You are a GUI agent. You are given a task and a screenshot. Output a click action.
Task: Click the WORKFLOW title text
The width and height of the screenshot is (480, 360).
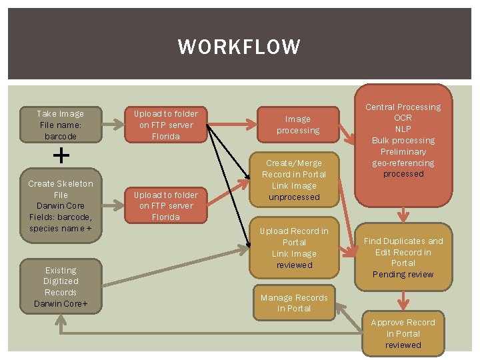point(239,47)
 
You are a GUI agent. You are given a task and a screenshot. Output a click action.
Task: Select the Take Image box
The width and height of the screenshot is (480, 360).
point(61,125)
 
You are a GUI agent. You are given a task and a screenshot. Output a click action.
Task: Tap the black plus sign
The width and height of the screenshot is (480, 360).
point(61,155)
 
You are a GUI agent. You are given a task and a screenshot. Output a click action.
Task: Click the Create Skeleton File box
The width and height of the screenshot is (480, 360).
point(61,205)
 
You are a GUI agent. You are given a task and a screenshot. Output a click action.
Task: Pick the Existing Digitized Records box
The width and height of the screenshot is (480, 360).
point(61,287)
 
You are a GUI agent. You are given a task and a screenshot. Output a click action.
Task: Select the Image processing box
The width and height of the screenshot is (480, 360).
point(298,125)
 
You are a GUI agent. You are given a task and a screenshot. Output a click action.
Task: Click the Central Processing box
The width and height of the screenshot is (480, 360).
point(403,146)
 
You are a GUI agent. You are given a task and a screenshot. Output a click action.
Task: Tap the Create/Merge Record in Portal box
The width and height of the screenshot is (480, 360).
point(294,180)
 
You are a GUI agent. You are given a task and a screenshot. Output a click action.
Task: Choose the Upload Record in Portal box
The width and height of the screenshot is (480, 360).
point(294,247)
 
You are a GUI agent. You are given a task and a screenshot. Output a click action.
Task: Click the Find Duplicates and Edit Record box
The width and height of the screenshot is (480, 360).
point(403,257)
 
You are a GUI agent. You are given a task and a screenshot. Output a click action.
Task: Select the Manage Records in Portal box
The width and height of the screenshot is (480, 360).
point(294,303)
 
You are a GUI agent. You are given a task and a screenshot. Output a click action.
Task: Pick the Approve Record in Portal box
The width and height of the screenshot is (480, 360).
point(403,333)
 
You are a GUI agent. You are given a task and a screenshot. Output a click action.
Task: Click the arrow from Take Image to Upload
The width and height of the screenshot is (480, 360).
point(113,125)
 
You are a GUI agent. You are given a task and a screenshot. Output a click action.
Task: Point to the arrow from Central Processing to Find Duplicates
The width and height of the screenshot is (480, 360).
point(403,215)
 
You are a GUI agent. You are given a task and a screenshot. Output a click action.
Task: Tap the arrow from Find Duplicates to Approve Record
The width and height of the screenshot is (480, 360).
point(403,301)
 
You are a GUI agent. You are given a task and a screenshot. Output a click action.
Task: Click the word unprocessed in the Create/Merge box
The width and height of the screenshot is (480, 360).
point(294,197)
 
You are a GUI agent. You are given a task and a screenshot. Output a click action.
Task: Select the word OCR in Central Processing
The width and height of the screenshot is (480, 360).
point(403,118)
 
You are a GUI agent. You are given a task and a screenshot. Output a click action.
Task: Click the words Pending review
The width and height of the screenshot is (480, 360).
point(403,274)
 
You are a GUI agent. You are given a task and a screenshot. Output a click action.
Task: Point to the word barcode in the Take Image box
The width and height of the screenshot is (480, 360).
point(61,136)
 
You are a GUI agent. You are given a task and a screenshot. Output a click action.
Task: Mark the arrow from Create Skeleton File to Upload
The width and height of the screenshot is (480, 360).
point(113,205)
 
